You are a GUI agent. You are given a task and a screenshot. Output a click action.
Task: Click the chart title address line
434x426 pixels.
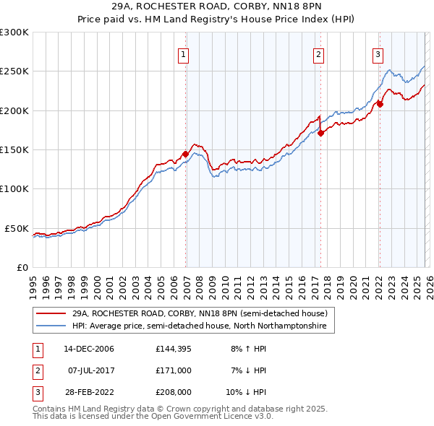click(217, 6)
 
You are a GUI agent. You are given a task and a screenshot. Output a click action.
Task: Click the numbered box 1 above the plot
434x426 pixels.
click(184, 53)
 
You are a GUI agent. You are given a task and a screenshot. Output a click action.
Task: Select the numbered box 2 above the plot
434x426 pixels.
click(318, 53)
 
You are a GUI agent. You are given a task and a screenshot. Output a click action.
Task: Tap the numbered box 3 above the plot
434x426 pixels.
click(378, 53)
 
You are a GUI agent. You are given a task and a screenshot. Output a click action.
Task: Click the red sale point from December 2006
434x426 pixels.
click(185, 154)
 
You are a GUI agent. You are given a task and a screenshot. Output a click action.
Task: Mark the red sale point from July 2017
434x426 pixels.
click(320, 133)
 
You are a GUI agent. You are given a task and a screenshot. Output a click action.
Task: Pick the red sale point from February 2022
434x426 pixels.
click(380, 104)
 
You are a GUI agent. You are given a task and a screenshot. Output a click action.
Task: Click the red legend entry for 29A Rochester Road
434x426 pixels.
click(200, 314)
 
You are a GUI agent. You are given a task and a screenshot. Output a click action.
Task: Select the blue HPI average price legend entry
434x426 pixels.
click(199, 326)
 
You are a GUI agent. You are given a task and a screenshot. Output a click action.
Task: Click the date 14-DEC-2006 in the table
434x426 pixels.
click(89, 349)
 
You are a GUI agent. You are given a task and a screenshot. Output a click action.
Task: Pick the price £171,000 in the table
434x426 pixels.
click(174, 370)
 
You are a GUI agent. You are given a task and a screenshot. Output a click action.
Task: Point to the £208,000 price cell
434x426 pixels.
click(174, 392)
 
